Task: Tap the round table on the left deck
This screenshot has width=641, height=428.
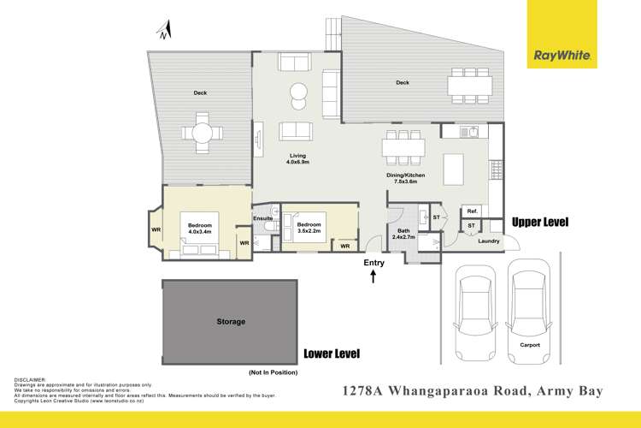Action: coord(203,134)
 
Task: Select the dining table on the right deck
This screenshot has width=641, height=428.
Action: coord(469,84)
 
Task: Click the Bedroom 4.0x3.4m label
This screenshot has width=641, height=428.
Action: coord(198,229)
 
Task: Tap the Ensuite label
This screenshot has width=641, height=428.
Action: coord(262,218)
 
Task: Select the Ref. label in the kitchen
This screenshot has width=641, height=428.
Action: coord(471,211)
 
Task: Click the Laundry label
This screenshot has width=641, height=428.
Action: coord(489,241)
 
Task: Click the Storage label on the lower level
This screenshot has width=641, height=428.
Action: coord(231,322)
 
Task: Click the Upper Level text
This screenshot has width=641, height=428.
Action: coord(539,223)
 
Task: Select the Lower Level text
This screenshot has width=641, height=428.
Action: coord(332,354)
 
